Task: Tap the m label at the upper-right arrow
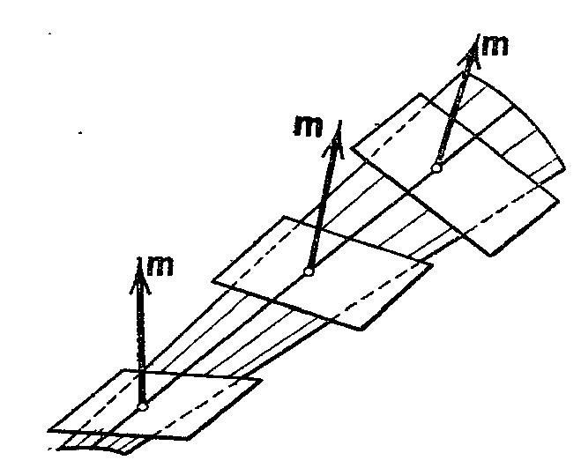pos(495,46)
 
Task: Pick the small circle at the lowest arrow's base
pos(143,405)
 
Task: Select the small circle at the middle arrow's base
pos(309,271)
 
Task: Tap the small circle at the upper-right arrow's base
pos(436,167)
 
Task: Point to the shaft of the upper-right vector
pos(452,110)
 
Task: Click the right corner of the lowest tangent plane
pos(257,381)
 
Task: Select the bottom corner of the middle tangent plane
pos(361,331)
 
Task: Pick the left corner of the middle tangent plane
pos(212,281)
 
